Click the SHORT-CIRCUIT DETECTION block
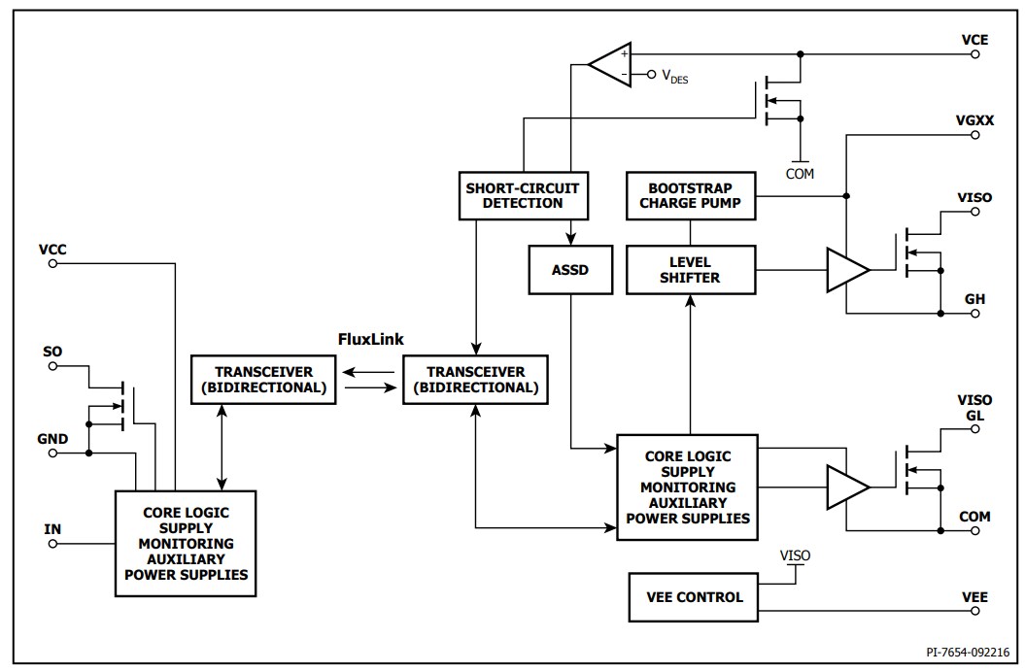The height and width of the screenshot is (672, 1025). [x=523, y=195]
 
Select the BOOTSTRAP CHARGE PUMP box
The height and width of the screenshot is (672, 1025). [x=690, y=195]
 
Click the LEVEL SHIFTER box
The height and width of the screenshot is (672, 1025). [x=690, y=269]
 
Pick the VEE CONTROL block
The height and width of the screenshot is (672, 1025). [x=690, y=597]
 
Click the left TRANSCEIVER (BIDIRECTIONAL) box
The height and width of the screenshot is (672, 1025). [x=262, y=379]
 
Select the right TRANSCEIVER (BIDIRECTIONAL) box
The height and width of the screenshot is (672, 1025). [x=475, y=379]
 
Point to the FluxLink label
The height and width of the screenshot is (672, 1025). [x=370, y=339]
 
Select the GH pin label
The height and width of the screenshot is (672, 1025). [x=974, y=299]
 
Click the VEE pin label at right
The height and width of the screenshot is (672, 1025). [x=974, y=596]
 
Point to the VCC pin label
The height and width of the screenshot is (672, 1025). [x=52, y=249]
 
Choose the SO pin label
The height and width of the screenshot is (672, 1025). [x=52, y=350]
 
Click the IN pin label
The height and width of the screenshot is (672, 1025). [x=52, y=528]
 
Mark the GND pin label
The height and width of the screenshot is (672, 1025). [x=52, y=438]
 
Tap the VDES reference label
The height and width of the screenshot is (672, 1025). [x=675, y=77]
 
